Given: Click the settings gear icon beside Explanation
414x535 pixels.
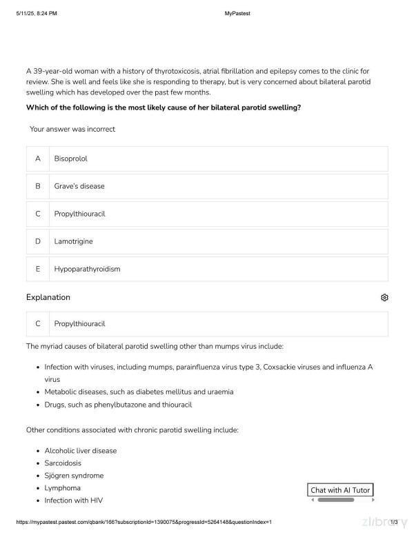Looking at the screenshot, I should (384, 297).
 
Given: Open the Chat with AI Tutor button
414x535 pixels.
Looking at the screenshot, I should (341, 490).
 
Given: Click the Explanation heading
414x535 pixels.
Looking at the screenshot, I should (48, 297).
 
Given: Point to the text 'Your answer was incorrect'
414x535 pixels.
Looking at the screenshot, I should (72, 129).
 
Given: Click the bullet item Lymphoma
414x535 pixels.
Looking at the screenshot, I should (62, 488).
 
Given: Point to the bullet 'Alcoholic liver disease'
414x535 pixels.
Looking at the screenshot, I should (81, 451).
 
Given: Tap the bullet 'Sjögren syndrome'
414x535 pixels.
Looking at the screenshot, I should (74, 476).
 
